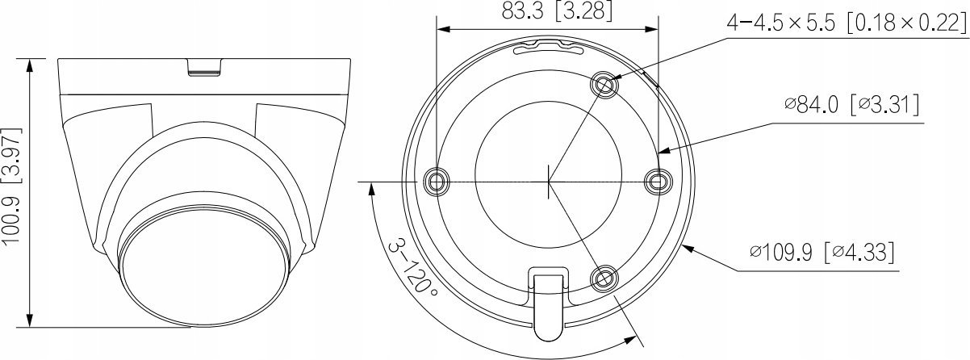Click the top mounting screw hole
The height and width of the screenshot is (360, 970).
point(604,83)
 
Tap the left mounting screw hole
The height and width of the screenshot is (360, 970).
point(436,182)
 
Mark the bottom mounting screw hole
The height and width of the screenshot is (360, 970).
point(604,279)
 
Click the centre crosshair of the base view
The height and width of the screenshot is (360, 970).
point(548,182)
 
